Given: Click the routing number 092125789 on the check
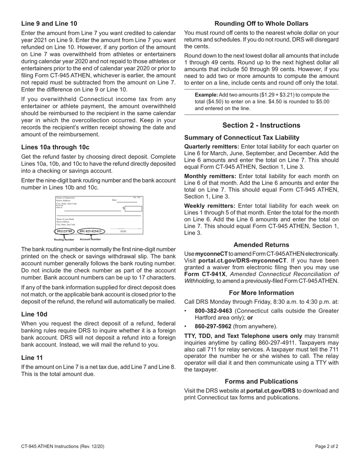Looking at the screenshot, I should point(64,231).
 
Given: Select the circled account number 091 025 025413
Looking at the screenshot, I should point(90,231).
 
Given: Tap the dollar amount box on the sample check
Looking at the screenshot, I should point(133,208).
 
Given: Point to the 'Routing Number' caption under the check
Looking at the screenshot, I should point(64,239).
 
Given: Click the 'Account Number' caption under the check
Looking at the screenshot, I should point(90,239).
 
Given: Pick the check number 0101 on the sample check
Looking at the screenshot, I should point(124,231).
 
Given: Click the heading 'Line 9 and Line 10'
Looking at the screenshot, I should point(49,23).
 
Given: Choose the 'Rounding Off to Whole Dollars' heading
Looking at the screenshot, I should point(261,23).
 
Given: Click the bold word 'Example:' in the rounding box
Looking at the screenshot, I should point(206,95).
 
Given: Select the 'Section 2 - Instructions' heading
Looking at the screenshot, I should point(261,125).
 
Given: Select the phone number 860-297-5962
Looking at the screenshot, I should point(213,326).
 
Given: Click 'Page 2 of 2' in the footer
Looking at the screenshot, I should point(326,446).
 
